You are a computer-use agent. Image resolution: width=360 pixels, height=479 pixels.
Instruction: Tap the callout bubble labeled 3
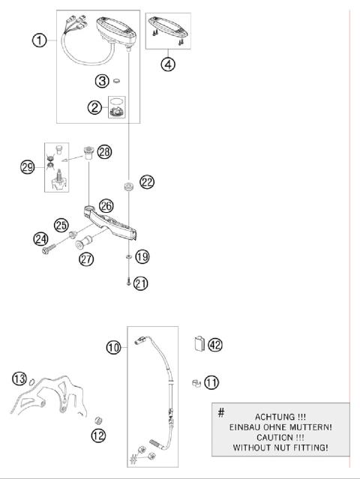pyautogui.click(x=102, y=80)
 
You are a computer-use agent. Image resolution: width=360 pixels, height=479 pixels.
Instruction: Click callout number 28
pyautogui.click(x=104, y=152)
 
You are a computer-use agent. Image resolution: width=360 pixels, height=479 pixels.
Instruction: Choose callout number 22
pyautogui.click(x=146, y=181)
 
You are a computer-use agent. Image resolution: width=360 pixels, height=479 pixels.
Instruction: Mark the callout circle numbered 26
pyautogui.click(x=106, y=205)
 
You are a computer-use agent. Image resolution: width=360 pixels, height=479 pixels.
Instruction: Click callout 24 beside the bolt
pyautogui.click(x=40, y=240)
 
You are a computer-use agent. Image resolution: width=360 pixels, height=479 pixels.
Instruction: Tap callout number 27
pyautogui.click(x=87, y=259)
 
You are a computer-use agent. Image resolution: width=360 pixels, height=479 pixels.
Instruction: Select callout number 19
pyautogui.click(x=142, y=256)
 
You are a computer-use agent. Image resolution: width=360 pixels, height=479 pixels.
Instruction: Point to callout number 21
pyautogui.click(x=141, y=283)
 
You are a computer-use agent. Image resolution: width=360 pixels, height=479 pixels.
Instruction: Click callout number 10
pyautogui.click(x=114, y=347)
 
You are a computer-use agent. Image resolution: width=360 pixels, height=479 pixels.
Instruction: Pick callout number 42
pyautogui.click(x=214, y=344)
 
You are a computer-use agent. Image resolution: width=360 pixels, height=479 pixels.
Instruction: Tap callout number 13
pyautogui.click(x=19, y=376)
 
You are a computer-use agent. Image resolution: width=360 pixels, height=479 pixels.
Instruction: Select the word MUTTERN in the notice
pyautogui.click(x=302, y=427)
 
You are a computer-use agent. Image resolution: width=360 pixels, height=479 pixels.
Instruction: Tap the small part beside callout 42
pyautogui.click(x=199, y=344)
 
